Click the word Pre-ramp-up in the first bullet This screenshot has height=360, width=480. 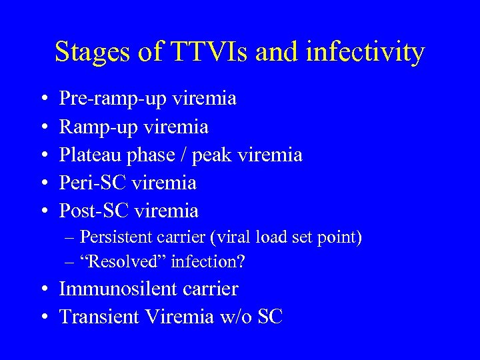(113, 99)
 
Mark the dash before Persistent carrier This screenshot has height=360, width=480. (69, 238)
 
